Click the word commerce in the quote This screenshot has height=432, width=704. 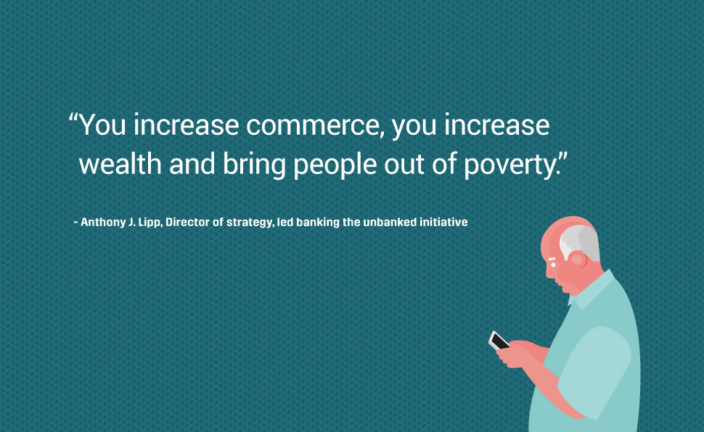coord(313,125)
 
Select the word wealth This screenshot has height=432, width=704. coord(120,164)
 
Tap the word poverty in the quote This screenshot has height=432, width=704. coord(510,165)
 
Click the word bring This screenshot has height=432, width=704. coord(254,165)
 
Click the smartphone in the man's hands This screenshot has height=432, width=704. coord(499,341)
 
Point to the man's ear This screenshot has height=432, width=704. coord(577,259)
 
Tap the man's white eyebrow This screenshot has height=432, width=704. coord(552,259)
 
